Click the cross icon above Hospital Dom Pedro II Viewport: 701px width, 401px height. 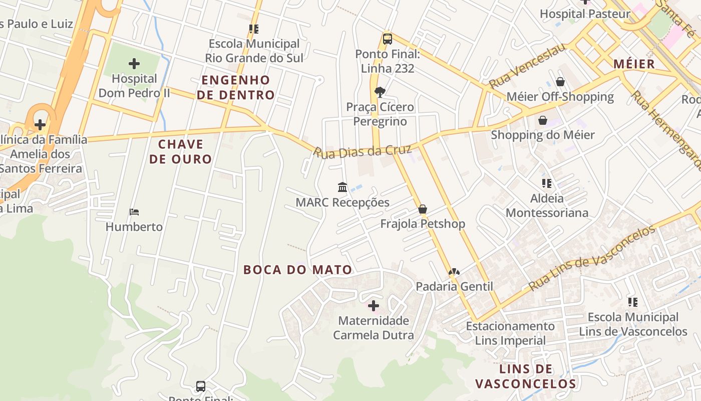pos(134,64)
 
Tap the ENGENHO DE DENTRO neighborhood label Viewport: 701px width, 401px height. pos(235,87)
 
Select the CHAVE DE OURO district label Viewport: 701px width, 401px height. pos(181,151)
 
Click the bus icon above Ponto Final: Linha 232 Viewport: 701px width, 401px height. pos(387,39)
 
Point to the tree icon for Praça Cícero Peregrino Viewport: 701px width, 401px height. pos(380,92)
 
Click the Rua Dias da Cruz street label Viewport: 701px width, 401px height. pos(363,150)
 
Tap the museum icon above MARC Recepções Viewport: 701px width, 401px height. pos(342,187)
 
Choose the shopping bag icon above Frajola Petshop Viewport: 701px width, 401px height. pos(423,209)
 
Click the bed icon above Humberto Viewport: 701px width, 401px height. pos(134,212)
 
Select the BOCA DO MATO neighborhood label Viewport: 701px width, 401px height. pos(298,270)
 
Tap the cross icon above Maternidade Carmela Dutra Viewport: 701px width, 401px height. pos(373,305)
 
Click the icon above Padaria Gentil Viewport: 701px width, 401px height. pos(454,272)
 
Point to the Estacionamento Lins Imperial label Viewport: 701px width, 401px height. pos(510,333)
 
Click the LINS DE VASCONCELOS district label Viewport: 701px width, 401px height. pos(526,376)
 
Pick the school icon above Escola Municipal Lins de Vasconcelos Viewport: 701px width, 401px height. pos(633,302)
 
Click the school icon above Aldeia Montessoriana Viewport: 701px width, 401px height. pos(546,183)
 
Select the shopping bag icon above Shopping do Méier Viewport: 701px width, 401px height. pos(542,120)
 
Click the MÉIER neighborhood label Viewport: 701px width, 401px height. pos(634,64)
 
